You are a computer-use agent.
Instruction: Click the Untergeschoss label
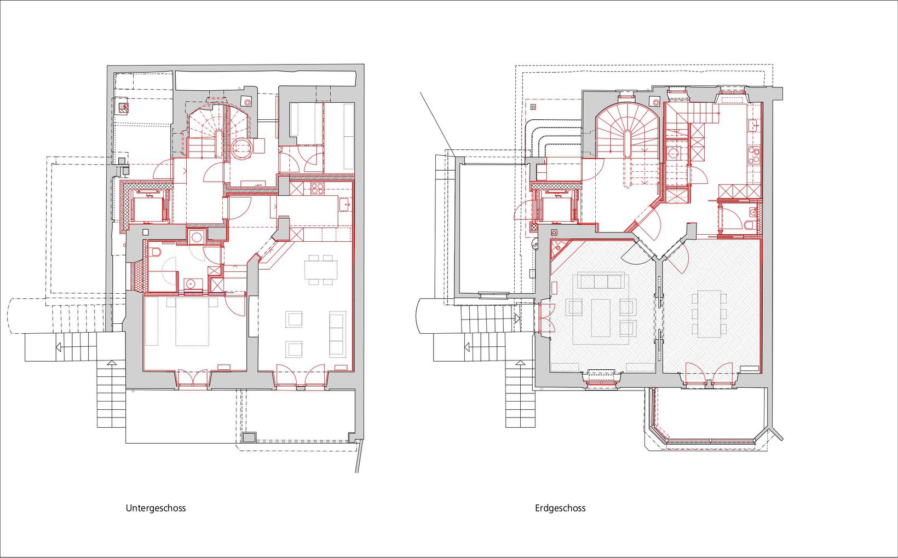(x=156, y=508)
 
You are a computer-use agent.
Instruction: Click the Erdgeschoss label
(x=560, y=508)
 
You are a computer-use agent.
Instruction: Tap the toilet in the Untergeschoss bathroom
(x=156, y=252)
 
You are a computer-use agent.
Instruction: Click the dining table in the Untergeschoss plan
(x=321, y=270)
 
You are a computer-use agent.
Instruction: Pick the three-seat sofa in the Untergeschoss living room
(x=337, y=334)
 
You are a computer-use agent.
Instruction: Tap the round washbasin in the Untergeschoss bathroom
(x=191, y=284)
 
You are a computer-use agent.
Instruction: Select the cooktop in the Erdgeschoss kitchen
(x=753, y=155)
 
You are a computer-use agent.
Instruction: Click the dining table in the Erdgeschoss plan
(x=710, y=313)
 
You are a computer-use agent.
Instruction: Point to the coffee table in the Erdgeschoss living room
(x=601, y=318)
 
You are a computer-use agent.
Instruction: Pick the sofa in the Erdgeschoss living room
(x=601, y=281)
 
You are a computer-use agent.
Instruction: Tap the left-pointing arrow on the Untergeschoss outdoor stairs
(x=59, y=347)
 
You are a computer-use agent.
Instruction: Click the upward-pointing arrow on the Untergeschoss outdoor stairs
(x=112, y=363)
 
